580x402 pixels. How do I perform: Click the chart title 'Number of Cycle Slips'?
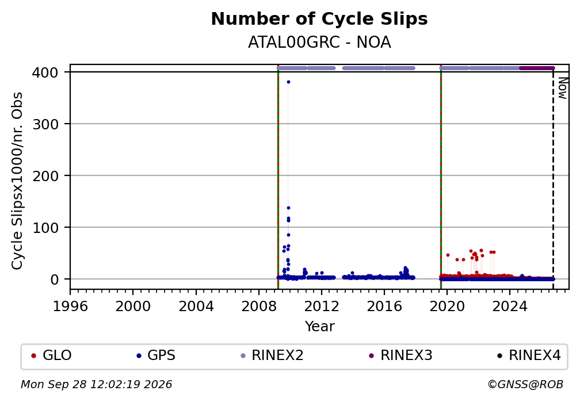tap(319, 19)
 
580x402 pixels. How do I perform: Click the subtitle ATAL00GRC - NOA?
tap(319, 43)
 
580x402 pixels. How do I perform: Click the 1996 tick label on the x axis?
tap(70, 306)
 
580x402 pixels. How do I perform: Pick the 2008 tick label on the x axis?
tap(258, 306)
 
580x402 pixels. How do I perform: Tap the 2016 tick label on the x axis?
tap(384, 306)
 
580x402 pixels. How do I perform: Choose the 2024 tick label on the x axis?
tap(509, 306)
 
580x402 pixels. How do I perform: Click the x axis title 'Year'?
tap(319, 326)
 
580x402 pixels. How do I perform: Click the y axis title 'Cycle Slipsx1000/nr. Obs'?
tap(17, 181)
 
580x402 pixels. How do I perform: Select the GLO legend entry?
tap(51, 355)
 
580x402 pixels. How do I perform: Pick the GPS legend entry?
tap(156, 355)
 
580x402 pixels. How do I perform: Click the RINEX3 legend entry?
tap(400, 355)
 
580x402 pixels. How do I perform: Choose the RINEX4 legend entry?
tap(529, 355)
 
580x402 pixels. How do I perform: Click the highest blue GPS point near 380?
tap(288, 82)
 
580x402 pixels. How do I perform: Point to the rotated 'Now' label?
tap(562, 88)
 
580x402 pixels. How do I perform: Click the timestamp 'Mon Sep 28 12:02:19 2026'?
tap(96, 385)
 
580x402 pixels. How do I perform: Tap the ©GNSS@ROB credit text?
tap(525, 385)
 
